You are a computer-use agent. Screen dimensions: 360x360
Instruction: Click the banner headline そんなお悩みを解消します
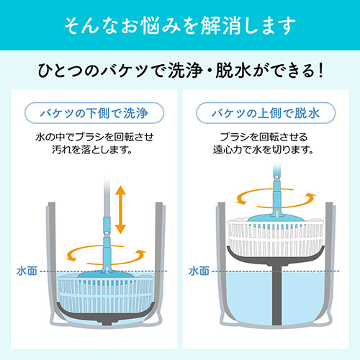[180, 25]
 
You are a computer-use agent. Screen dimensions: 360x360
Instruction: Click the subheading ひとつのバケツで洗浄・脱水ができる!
[181, 71]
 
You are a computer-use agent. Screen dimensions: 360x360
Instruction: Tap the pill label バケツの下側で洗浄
[94, 113]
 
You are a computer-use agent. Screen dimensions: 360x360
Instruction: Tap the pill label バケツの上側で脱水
[266, 113]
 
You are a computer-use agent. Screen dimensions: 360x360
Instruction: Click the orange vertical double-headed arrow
[120, 210]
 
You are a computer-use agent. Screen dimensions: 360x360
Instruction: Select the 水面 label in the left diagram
[27, 271]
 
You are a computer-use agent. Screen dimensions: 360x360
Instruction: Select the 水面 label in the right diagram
[199, 271]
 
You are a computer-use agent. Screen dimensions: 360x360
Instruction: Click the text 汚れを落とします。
[92, 150]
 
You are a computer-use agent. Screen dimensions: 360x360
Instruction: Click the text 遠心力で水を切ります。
[264, 150]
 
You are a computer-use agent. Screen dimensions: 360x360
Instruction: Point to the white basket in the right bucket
[276, 238]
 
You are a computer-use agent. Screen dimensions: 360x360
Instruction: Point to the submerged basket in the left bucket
[106, 294]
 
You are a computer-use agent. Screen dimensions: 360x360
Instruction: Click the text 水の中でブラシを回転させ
[94, 137]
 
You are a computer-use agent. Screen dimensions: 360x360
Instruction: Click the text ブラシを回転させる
[264, 137]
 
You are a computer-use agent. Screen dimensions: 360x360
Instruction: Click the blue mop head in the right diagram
[276, 218]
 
